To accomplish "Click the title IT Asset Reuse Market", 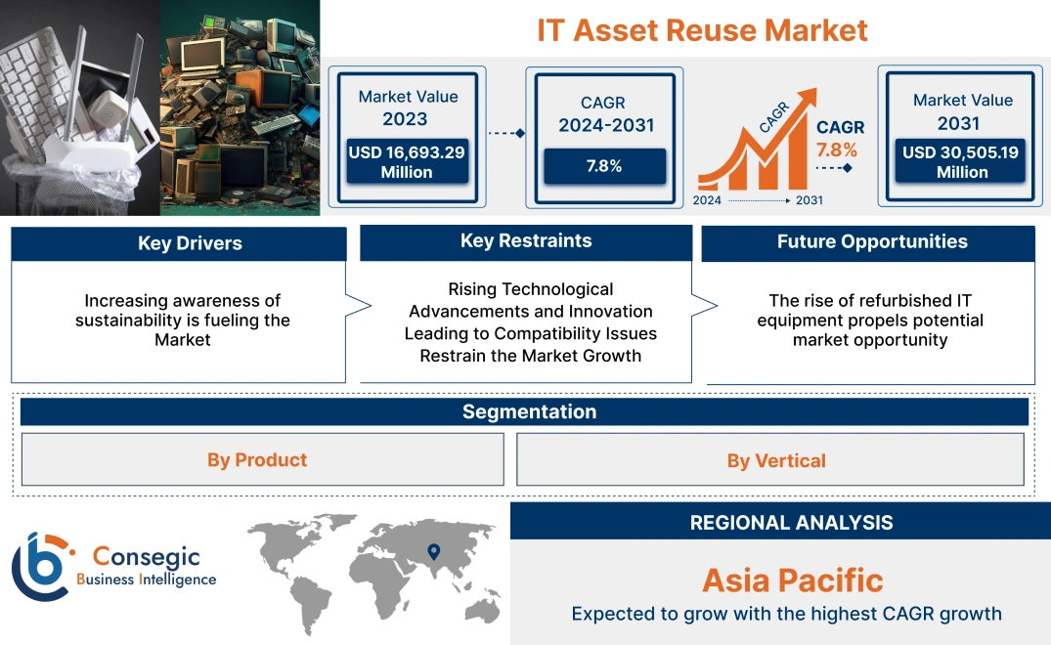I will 702,30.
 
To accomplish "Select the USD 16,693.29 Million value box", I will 406,161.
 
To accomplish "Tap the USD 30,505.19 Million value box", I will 962,161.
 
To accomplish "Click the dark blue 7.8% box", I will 603,165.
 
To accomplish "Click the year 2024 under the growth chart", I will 709,200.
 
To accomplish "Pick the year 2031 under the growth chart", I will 809,200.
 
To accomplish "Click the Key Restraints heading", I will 526,241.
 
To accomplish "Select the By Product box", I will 256,460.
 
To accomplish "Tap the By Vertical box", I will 776,461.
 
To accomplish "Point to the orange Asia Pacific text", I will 792,580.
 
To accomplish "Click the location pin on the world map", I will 433,553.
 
